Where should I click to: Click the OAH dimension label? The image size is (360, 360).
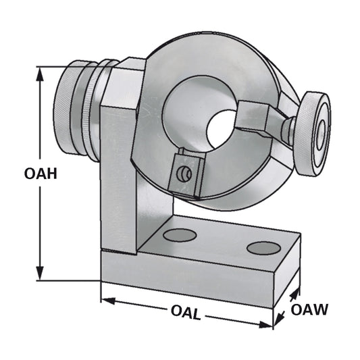coord(40,174)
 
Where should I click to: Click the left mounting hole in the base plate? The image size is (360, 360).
coord(180,235)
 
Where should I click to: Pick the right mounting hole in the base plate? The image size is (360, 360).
coord(263,248)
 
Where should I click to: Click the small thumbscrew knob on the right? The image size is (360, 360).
coord(314,133)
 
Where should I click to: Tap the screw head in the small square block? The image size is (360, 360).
coord(181,174)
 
